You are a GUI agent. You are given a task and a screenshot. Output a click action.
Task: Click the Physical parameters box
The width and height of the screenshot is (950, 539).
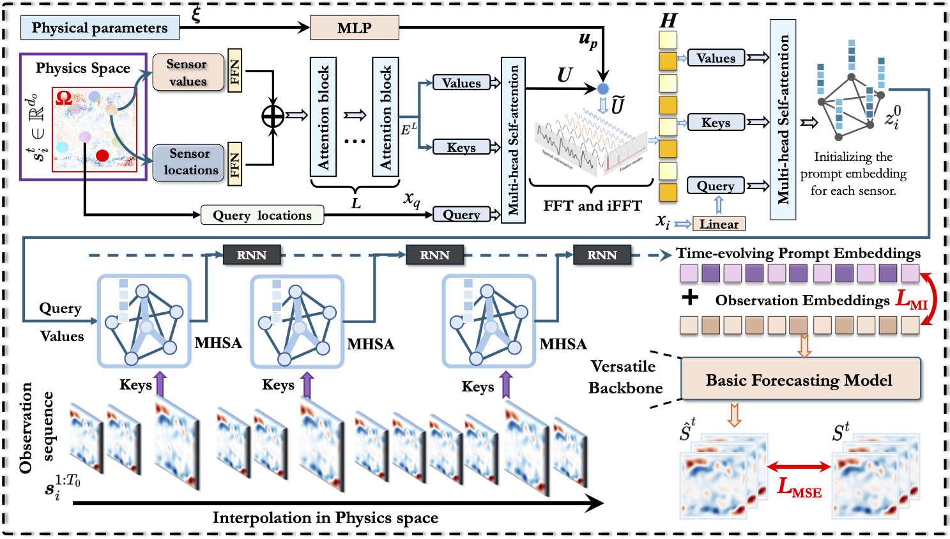click(99, 28)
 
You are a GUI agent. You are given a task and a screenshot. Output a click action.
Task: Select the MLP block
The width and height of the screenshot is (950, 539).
click(354, 28)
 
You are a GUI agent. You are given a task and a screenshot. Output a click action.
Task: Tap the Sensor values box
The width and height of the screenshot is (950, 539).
click(188, 73)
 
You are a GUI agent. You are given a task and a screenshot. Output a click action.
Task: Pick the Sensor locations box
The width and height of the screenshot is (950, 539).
click(188, 162)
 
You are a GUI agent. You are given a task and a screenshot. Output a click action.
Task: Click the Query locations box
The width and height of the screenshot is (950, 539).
click(262, 215)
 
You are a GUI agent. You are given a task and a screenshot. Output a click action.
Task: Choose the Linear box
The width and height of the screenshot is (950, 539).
click(719, 224)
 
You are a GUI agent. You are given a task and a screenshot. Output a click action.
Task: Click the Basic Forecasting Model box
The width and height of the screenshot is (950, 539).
click(801, 380)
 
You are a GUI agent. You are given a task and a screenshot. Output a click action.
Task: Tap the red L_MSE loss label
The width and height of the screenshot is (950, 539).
click(799, 487)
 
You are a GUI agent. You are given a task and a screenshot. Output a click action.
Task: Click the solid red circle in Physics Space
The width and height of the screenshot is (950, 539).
click(102, 155)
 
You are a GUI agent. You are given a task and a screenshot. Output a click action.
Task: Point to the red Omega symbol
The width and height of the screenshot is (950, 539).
click(64, 98)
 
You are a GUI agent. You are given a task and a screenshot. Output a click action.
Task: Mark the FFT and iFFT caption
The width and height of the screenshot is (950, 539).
click(592, 206)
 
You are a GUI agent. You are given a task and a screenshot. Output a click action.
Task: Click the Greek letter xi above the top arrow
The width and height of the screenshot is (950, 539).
click(195, 14)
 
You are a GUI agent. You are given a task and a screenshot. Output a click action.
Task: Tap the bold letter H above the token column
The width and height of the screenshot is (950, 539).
click(668, 21)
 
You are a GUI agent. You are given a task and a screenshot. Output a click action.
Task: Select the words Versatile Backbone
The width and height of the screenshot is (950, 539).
click(624, 377)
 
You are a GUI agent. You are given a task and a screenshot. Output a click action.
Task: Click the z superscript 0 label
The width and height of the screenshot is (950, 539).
click(893, 118)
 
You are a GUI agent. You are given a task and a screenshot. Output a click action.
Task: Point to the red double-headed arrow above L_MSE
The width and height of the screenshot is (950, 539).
click(799, 467)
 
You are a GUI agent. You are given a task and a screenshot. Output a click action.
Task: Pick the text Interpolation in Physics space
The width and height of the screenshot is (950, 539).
click(325, 517)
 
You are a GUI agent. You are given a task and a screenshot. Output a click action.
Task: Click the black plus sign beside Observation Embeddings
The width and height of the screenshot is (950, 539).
click(690, 298)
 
